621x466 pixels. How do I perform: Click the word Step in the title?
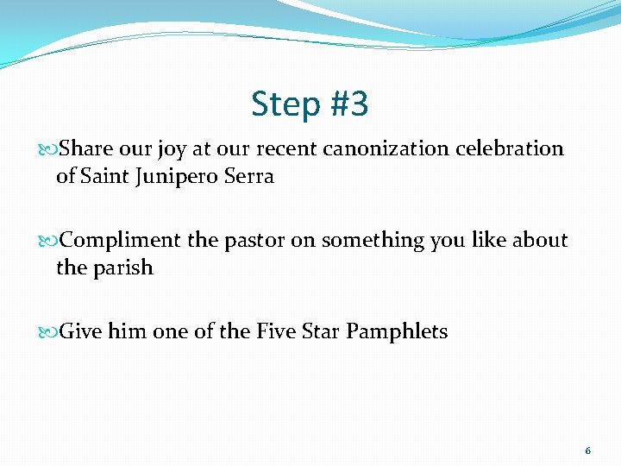coord(285,105)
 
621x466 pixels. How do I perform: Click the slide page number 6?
coord(588,451)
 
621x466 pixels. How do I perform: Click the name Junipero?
coord(170,177)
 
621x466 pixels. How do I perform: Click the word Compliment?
coord(120,241)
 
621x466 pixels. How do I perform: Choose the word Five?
coord(275,331)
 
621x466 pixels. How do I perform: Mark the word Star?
coord(321,331)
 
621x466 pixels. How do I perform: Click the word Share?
coord(85,148)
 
